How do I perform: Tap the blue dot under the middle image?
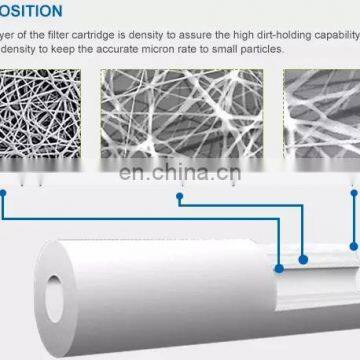(180, 196)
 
